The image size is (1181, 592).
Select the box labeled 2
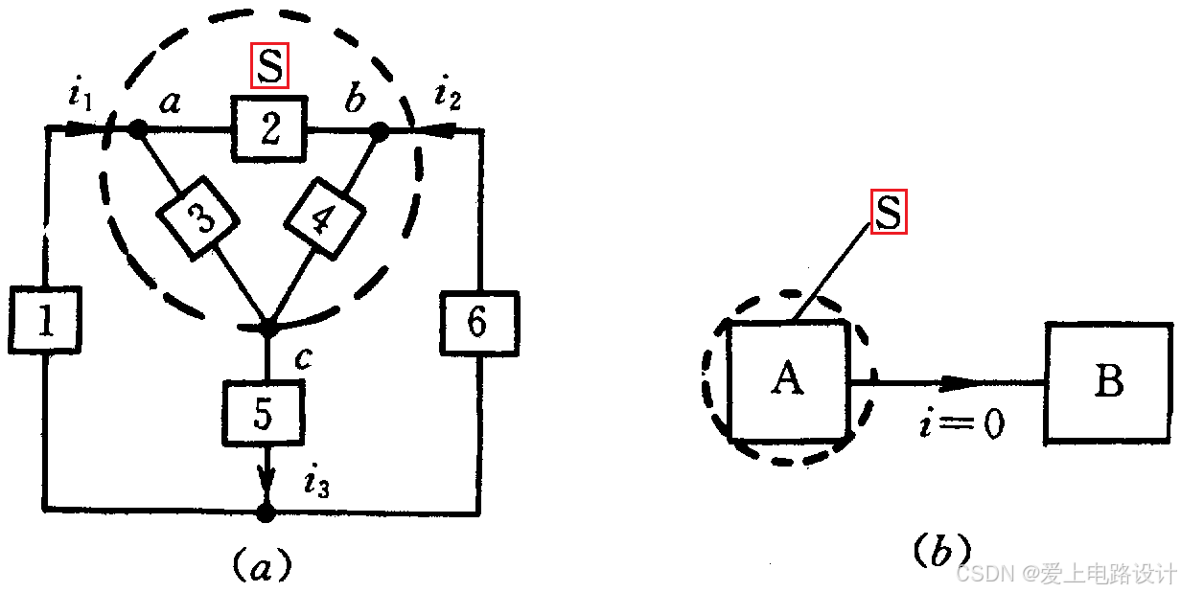[269, 128]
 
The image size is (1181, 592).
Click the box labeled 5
[264, 412]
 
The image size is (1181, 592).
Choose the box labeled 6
[478, 323]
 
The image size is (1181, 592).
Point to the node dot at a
[138, 128]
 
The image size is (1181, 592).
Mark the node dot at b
[379, 131]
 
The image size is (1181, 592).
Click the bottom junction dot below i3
[266, 513]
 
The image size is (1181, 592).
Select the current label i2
[446, 94]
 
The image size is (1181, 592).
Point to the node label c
[303, 358]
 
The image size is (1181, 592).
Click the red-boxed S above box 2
[270, 67]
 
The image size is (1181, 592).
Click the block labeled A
[788, 380]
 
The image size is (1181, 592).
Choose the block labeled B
[1108, 381]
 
